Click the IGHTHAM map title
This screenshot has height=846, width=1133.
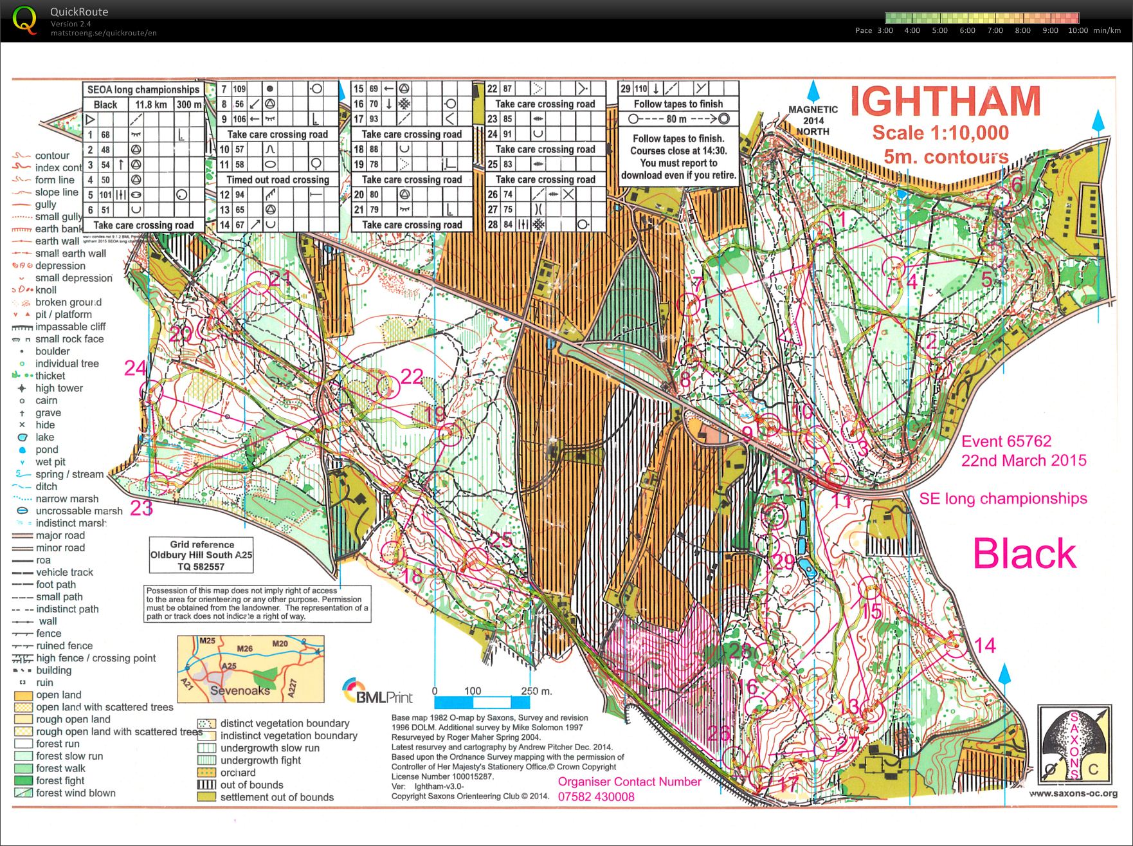[945, 102]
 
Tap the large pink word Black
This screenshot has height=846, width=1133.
[1024, 554]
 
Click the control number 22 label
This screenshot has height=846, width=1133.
[412, 376]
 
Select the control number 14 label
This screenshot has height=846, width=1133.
[984, 645]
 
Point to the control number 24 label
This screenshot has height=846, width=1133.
[136, 368]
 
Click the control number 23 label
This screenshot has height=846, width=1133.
[141, 508]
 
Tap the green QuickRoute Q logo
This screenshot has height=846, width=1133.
[24, 20]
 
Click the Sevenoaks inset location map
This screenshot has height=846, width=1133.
[251, 669]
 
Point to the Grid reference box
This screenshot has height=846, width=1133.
[201, 555]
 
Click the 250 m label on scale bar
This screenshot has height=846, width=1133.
[536, 691]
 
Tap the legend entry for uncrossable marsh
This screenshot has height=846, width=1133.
[78, 511]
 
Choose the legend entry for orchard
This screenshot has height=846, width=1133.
[237, 773]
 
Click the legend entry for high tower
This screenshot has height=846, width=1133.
[59, 388]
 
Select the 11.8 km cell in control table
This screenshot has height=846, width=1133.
[151, 104]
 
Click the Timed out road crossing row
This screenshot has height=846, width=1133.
[277, 179]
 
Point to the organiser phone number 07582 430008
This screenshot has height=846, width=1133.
[595, 796]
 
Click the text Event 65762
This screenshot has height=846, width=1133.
[1006, 441]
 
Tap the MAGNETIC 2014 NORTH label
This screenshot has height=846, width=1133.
[813, 120]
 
